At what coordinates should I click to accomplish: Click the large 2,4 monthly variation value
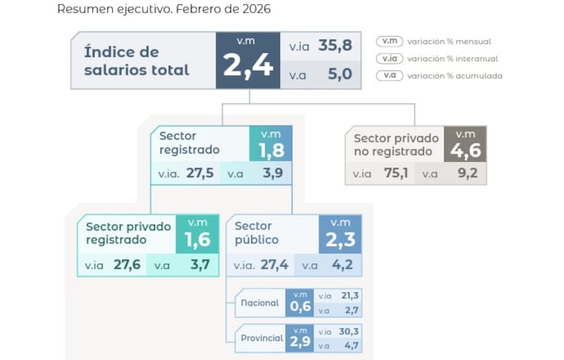point(247,66)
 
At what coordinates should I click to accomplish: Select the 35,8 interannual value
point(334,46)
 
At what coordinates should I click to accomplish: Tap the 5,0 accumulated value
point(339,74)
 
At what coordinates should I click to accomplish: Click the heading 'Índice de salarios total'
point(137,61)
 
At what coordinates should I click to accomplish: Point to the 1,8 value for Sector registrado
point(270,150)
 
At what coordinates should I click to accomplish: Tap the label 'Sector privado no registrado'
point(396,144)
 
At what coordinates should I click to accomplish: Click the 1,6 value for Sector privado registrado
point(197,240)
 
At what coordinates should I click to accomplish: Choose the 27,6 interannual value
point(127,265)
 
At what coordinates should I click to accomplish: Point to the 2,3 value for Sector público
point(340,240)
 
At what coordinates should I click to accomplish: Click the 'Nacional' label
point(259,303)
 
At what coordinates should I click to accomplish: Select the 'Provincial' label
point(262,338)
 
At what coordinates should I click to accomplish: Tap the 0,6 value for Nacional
point(300,306)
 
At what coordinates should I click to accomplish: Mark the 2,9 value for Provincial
point(300,341)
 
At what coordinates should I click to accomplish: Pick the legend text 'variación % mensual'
point(454,42)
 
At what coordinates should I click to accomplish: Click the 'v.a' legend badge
point(389,75)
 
